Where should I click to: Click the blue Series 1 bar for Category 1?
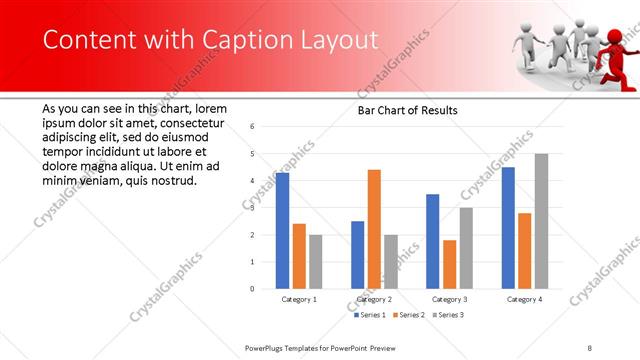tap(282, 231)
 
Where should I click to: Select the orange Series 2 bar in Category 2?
tap(374, 229)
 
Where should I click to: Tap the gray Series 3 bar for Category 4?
tap(541, 221)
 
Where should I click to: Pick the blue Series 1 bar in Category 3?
tap(432, 241)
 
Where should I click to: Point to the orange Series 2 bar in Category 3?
tap(449, 264)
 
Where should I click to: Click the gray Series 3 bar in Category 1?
tap(316, 262)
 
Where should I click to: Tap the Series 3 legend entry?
tap(448, 314)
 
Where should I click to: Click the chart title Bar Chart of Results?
tap(409, 110)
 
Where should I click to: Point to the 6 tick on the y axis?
tap(252, 127)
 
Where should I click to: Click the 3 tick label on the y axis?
tap(252, 208)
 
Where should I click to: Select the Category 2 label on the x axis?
tap(374, 299)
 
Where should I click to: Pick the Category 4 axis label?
tap(524, 299)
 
